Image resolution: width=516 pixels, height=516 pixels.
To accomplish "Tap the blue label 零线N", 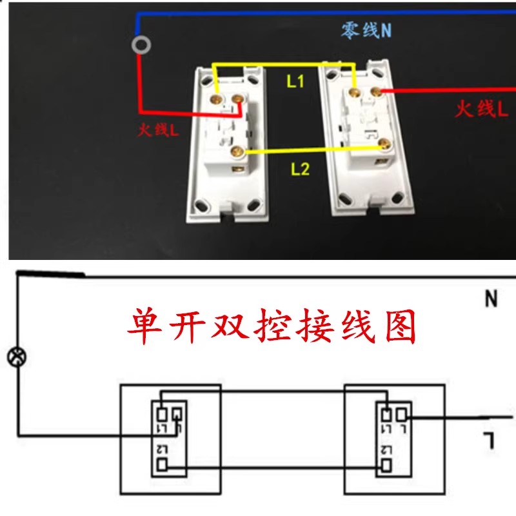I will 366,30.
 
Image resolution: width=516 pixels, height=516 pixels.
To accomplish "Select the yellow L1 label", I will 295,82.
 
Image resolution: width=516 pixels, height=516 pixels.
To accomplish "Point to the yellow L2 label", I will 300,170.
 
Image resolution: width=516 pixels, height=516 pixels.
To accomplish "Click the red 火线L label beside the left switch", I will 158,130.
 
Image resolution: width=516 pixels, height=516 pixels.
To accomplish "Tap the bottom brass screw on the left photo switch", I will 235,152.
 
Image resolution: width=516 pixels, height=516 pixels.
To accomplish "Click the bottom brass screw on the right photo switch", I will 385,143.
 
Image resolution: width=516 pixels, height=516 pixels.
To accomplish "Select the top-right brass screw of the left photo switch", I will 238,99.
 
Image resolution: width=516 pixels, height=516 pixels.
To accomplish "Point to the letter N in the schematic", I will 491,299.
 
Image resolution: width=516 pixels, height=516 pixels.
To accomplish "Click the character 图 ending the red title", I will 401,327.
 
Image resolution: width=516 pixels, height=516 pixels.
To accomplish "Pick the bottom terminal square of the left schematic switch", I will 163,464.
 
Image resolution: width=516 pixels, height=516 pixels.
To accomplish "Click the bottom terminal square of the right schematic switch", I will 386,464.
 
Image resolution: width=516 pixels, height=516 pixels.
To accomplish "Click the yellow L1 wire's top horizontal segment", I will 284,64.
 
